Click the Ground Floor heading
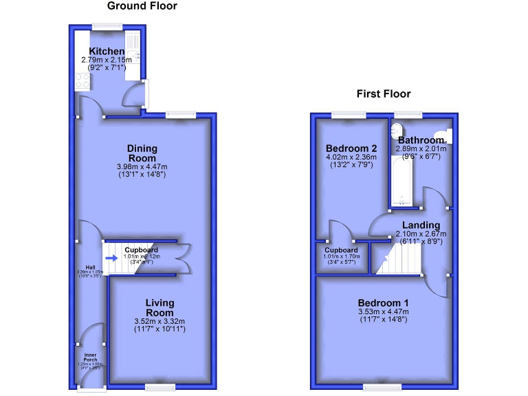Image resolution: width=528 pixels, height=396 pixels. [x=142, y=6]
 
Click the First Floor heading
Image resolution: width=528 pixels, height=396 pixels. [x=383, y=94]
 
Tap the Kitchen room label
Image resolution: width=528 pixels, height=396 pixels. [x=107, y=52]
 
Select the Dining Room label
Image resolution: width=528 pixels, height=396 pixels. [x=142, y=153]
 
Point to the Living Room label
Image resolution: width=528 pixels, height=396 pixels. [x=159, y=307]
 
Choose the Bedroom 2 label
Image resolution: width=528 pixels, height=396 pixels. [x=351, y=148]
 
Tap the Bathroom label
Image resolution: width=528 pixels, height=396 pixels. [x=421, y=140]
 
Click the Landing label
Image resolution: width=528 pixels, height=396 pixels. [x=421, y=225]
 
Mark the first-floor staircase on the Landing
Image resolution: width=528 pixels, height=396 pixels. [x=392, y=260]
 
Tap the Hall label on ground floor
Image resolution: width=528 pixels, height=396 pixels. [x=89, y=267]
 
